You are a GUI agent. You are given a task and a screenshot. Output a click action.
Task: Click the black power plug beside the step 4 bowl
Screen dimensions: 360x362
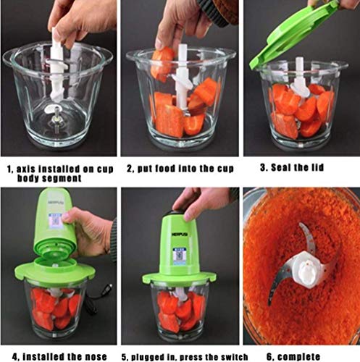(109, 289)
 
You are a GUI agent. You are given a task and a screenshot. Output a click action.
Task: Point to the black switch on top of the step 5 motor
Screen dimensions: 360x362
(178, 212)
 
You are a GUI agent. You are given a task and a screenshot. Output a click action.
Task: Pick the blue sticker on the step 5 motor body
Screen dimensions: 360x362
(180, 253)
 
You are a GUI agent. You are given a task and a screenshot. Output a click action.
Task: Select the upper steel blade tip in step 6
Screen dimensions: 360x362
(300, 224)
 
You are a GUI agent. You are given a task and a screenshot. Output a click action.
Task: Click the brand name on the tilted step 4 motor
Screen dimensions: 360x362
(56, 203)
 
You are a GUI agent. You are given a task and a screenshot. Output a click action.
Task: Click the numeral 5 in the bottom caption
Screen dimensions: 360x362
(124, 357)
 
